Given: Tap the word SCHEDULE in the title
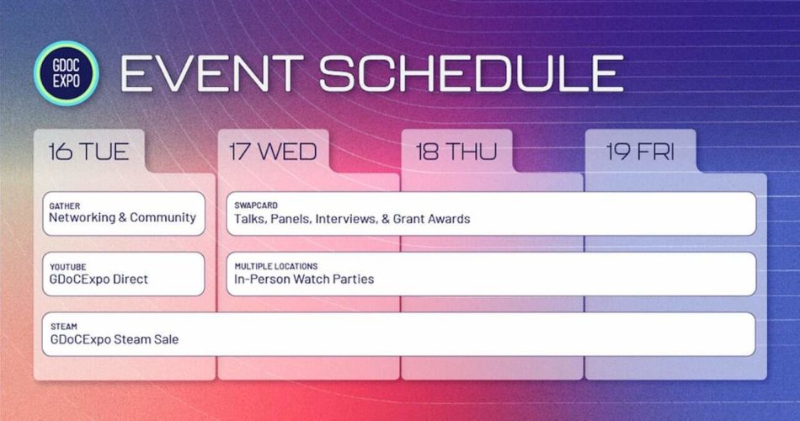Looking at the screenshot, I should coord(471,74).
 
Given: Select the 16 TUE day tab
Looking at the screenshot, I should coord(88,152).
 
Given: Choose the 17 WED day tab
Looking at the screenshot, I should coord(273,152).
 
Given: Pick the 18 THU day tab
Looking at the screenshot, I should coord(456,152).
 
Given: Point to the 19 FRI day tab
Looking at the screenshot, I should coord(640,152).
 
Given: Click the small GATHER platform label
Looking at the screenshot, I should coord(65,205).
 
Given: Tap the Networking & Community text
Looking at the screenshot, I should coord(122,218).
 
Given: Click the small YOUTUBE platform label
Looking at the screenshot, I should coord(67,265).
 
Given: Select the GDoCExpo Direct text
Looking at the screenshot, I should coord(99,279).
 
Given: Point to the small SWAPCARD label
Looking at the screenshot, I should coord(256,205).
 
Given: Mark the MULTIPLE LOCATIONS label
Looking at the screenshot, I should coord(276,265).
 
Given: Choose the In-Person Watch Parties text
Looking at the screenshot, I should coord(304,279).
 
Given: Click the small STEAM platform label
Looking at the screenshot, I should coord(63,326).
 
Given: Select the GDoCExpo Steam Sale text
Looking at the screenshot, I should coord(114,339).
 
